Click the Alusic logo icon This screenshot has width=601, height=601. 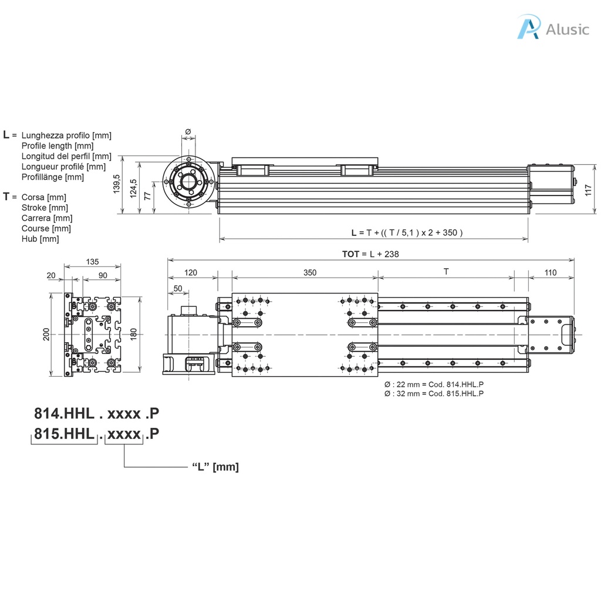528,28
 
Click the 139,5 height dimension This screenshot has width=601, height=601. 116,185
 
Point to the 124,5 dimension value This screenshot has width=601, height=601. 134,189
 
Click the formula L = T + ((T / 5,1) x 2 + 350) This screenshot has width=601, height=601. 407,232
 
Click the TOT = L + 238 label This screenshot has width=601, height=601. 371,254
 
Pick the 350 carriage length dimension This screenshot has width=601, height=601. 310,272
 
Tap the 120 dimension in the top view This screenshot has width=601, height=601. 191,272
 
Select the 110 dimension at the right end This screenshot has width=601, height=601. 550,272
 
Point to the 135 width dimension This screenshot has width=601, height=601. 92,262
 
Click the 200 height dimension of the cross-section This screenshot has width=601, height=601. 46,335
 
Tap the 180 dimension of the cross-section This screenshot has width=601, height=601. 133,335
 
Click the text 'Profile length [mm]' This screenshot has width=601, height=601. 57,146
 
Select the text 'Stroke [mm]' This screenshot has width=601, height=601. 45,207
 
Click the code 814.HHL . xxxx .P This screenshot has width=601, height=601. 96,414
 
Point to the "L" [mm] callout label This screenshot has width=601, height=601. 215,467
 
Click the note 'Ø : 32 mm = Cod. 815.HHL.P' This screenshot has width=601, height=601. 434,393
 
